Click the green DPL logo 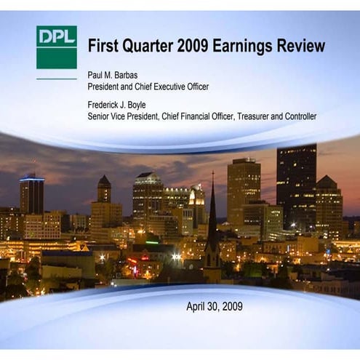(x=56, y=47)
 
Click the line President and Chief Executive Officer (x=148, y=87)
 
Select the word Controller (x=297, y=116)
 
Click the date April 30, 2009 (x=215, y=306)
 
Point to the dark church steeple (x=212, y=218)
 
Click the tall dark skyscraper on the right (x=296, y=182)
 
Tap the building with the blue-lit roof (x=31, y=193)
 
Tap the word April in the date (x=197, y=306)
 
